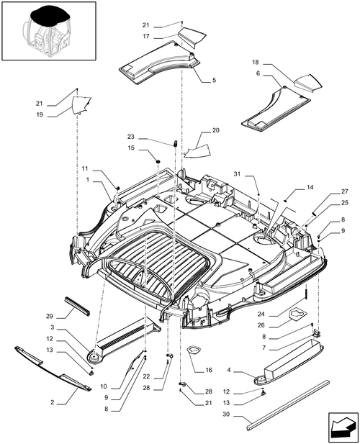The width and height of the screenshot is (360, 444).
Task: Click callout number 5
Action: [x=214, y=80]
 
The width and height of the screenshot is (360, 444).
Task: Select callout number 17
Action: [x=146, y=37]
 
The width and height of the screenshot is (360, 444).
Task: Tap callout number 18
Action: [x=256, y=63]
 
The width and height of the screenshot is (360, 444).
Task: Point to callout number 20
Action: [x=216, y=130]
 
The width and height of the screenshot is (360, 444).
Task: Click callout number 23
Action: [x=130, y=137]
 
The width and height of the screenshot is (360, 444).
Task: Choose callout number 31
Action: [x=237, y=174]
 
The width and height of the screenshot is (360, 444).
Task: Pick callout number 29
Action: [x=50, y=316]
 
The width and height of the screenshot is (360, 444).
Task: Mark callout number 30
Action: [x=226, y=414]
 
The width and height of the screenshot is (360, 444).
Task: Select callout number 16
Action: [x=209, y=370]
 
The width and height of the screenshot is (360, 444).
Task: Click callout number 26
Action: [x=261, y=325]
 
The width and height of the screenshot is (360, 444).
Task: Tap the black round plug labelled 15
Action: [x=158, y=161]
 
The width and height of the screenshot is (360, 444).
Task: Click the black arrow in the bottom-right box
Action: [x=343, y=427]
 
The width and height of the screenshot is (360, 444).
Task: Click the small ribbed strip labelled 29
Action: [x=77, y=306]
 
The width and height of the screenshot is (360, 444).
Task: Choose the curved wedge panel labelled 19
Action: [x=81, y=105]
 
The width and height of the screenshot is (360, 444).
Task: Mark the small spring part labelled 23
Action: [x=176, y=143]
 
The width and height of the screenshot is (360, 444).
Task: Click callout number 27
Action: [x=344, y=191]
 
